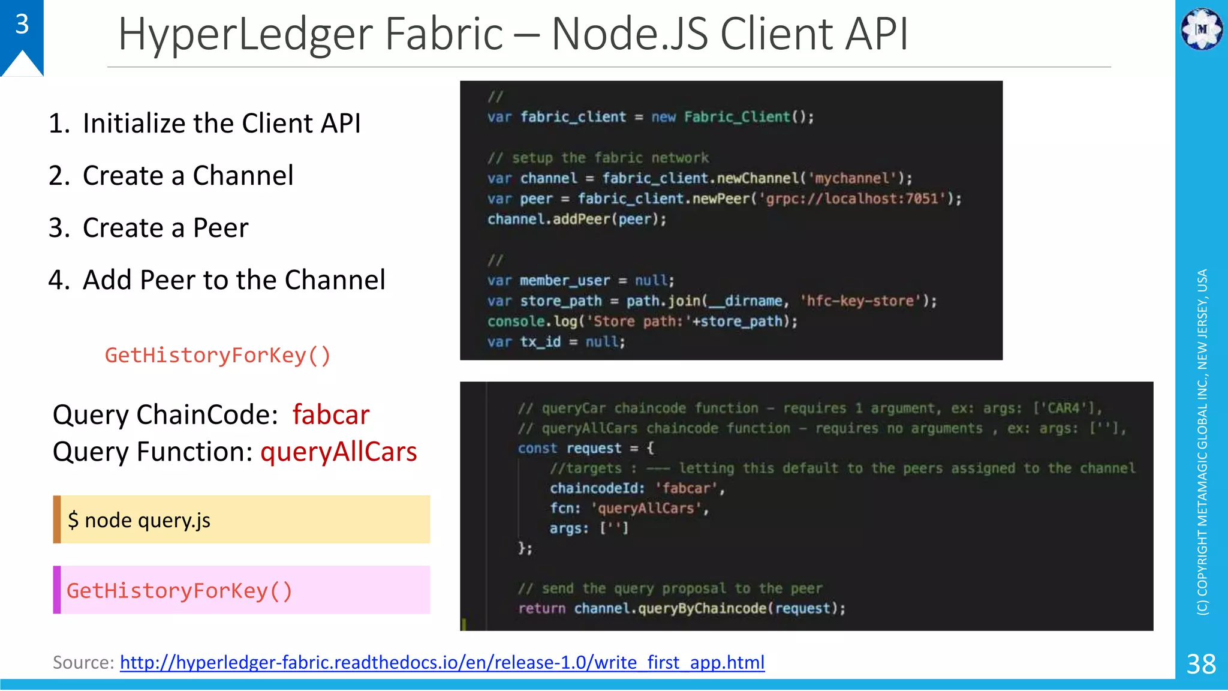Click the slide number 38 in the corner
coord(1201,664)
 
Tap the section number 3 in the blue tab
coord(22,24)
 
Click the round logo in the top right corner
coord(1202,29)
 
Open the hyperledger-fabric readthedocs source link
coord(442,662)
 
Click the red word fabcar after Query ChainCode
coord(331,415)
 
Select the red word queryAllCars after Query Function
coord(339,452)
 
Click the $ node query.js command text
coord(139,520)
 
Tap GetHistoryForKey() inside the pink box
coord(179,591)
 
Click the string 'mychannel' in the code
coord(852,178)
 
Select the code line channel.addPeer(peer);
coord(577,219)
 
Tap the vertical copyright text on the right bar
coord(1202,441)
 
